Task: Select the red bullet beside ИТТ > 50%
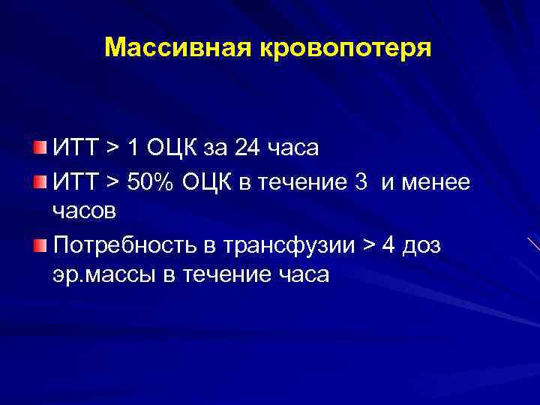coord(40,181)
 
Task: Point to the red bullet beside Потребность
coord(40,245)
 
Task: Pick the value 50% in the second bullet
coord(146,181)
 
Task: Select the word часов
coord(84,211)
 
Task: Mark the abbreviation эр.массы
coord(104,275)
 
